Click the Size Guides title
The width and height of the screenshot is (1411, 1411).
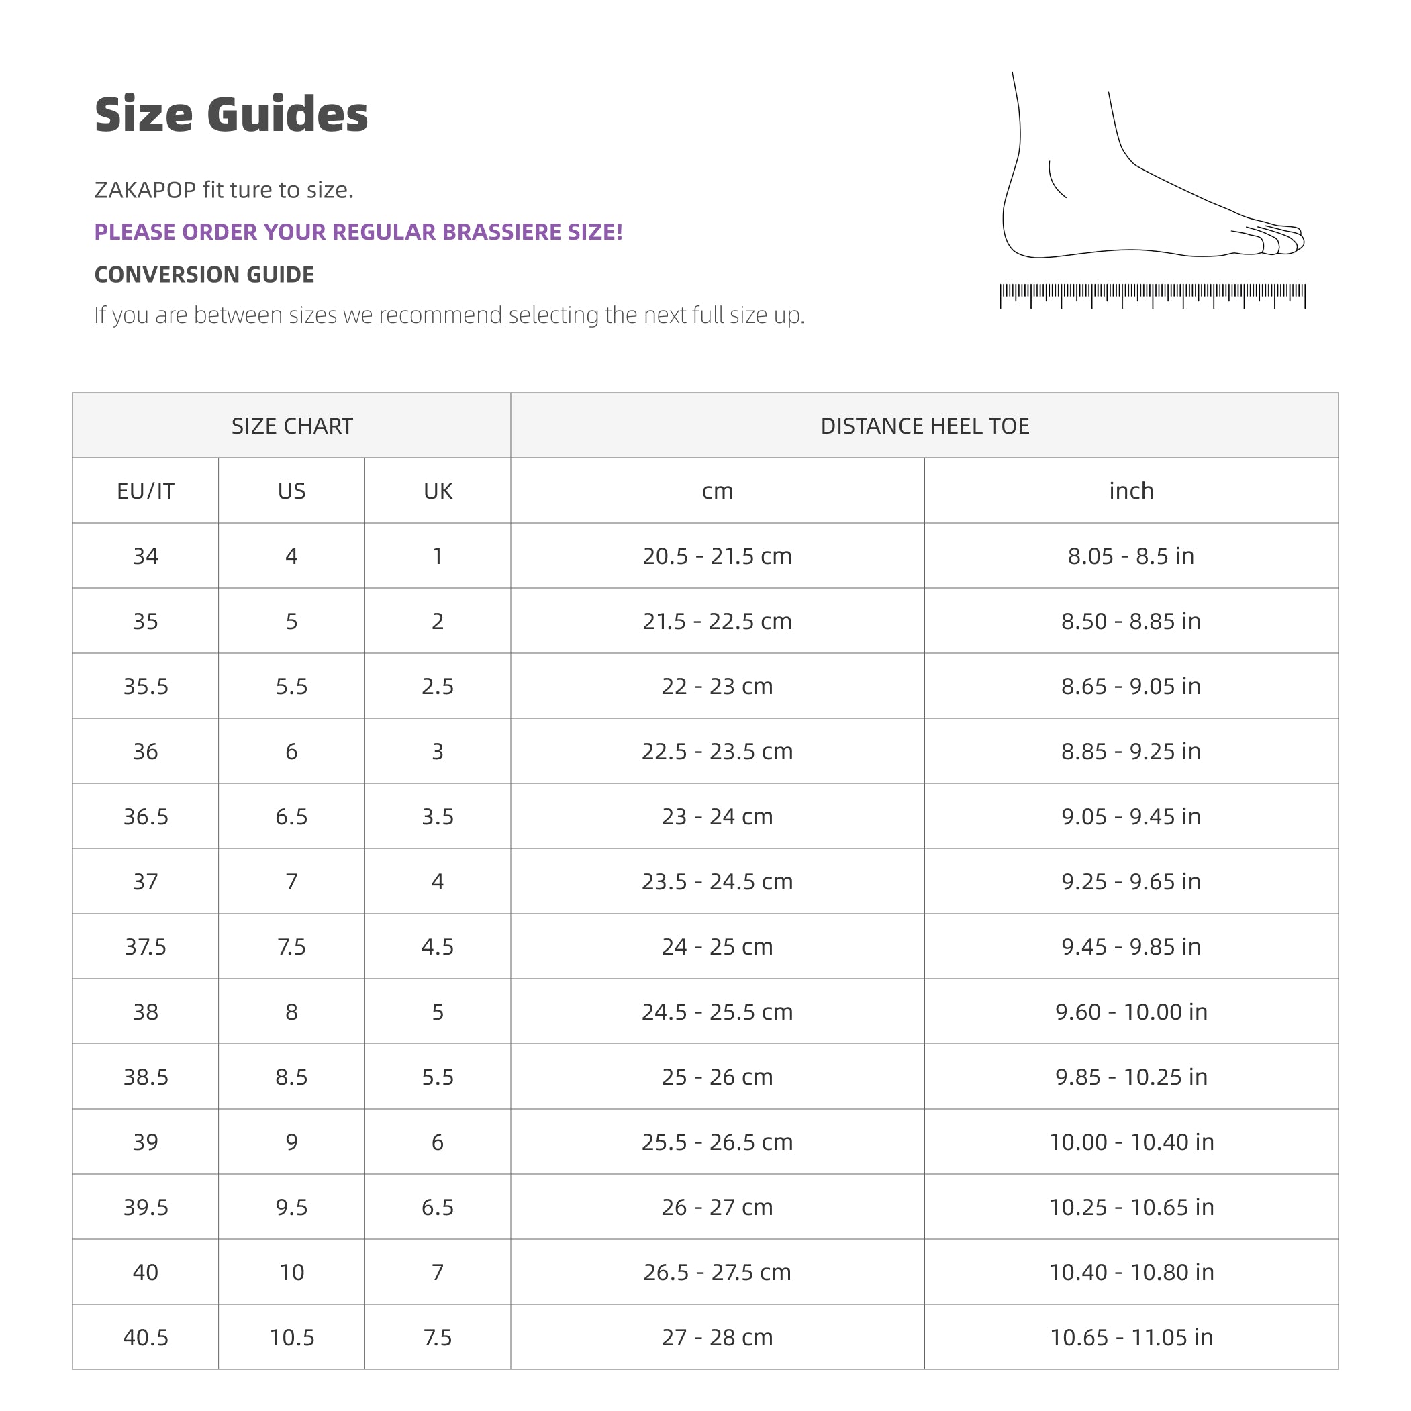tap(231, 115)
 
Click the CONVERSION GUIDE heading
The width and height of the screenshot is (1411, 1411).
tap(204, 275)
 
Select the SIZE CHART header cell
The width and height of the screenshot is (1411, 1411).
tap(291, 426)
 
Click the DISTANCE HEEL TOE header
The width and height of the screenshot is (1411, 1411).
tap(924, 426)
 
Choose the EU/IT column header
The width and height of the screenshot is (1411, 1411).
tap(146, 491)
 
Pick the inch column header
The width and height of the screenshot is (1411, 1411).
tap(1130, 491)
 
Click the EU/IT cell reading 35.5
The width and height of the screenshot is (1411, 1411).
tap(146, 686)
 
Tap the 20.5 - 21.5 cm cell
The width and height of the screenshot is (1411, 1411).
tap(716, 556)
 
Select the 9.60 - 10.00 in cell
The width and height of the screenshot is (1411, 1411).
tap(1130, 1012)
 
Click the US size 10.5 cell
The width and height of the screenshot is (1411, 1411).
tap(291, 1337)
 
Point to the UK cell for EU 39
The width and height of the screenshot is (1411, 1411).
tap(438, 1142)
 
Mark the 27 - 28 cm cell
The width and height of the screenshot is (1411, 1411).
tap(716, 1337)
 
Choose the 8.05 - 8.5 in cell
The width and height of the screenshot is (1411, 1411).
tap(1130, 556)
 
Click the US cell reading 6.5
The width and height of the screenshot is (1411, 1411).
tap(291, 816)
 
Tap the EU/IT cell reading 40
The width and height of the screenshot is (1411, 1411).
tap(146, 1272)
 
